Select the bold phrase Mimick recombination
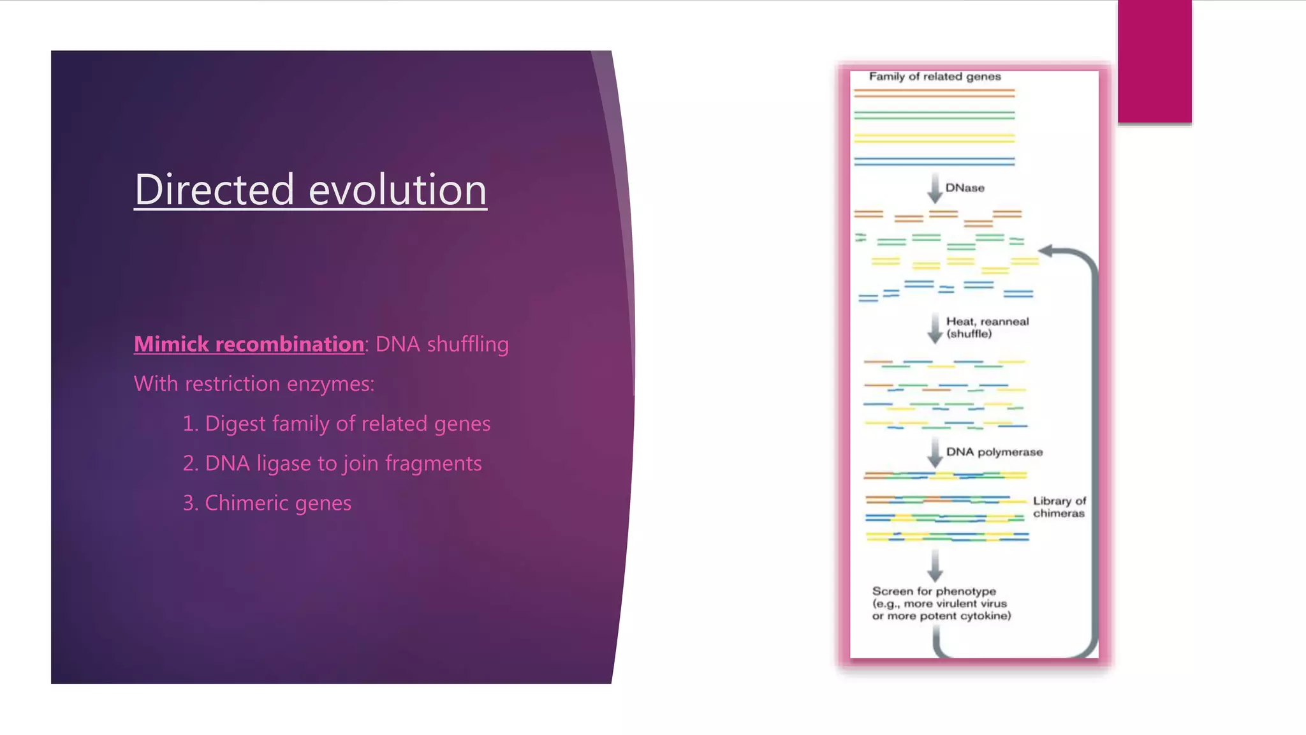point(249,345)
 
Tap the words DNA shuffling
point(442,345)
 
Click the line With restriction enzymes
point(254,384)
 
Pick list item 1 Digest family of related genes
point(336,424)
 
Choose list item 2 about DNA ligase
point(332,463)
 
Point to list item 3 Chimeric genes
point(267,503)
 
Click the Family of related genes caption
point(934,77)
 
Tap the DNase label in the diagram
point(964,188)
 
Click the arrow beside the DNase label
point(935,188)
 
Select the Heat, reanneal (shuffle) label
point(987,327)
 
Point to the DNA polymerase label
point(994,452)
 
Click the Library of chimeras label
point(1059,507)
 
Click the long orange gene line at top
point(934,93)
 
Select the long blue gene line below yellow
point(934,161)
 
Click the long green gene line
point(934,115)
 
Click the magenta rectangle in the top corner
point(1154,61)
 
